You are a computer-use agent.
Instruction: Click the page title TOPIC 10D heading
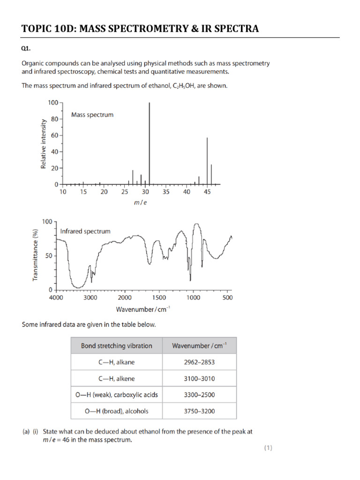click(140, 29)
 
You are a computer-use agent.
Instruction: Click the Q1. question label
click(27, 49)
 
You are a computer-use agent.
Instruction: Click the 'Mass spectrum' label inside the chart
click(92, 114)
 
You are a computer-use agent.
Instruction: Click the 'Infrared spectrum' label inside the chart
click(85, 231)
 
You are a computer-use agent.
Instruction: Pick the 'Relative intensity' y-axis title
click(44, 144)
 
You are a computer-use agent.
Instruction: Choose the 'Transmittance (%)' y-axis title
click(36, 255)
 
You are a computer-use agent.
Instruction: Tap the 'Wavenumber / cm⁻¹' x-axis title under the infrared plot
click(143, 309)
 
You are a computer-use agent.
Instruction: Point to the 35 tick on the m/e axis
click(166, 192)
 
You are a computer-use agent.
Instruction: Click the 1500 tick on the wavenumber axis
click(159, 297)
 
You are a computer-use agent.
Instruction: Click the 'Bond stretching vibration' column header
click(116, 345)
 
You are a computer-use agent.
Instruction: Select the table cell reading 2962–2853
click(199, 362)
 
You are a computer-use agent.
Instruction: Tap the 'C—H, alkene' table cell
click(116, 378)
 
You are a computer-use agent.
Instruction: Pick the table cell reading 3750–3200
click(199, 411)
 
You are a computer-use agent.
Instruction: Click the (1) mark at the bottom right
click(268, 448)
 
